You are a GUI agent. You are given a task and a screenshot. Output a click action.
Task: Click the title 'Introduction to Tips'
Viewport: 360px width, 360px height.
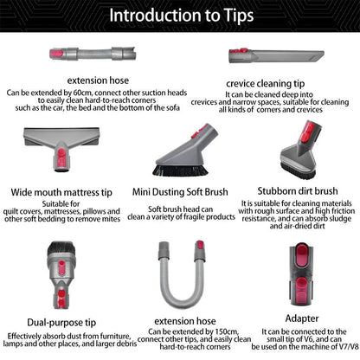[x=179, y=16]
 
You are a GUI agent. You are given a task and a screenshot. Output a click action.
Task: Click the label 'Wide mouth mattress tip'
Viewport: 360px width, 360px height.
[x=61, y=192]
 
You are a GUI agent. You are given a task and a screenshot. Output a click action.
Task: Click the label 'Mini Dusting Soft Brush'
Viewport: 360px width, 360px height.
[x=179, y=192]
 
